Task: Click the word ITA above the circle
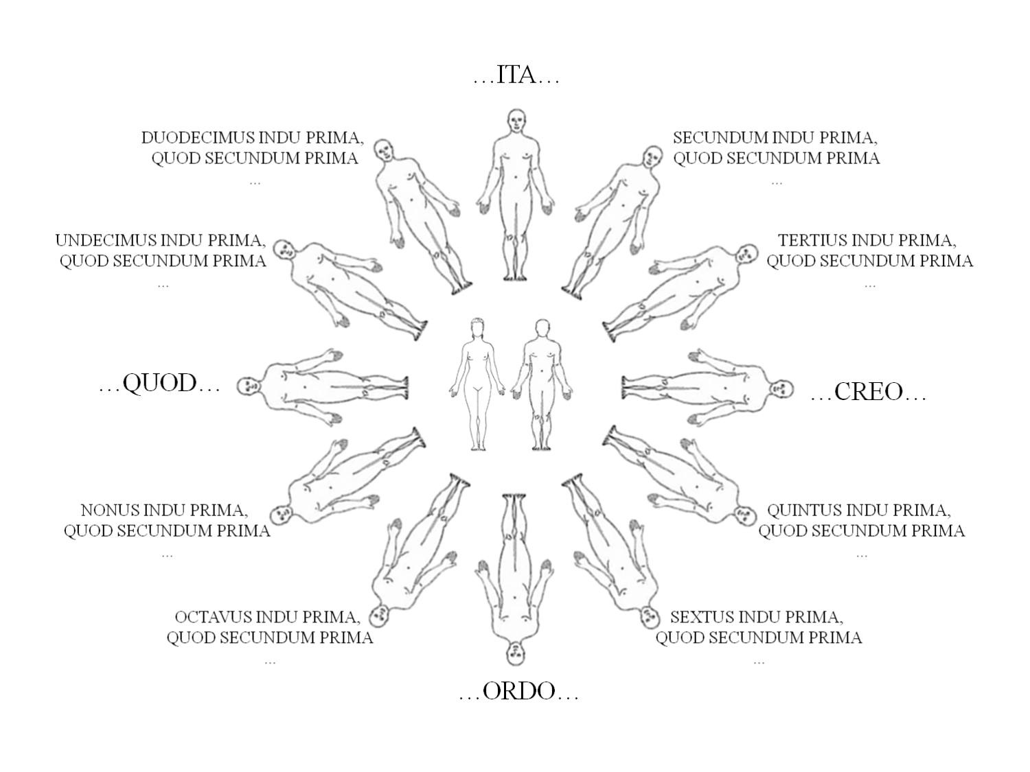tap(516, 75)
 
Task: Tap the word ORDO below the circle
tap(519, 692)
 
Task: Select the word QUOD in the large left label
tap(159, 384)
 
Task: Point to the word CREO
tap(869, 392)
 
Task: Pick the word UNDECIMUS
tap(106, 240)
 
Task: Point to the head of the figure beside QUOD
tap(249, 387)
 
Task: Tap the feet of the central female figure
tap(478, 447)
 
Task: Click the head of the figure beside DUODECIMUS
tap(384, 150)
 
